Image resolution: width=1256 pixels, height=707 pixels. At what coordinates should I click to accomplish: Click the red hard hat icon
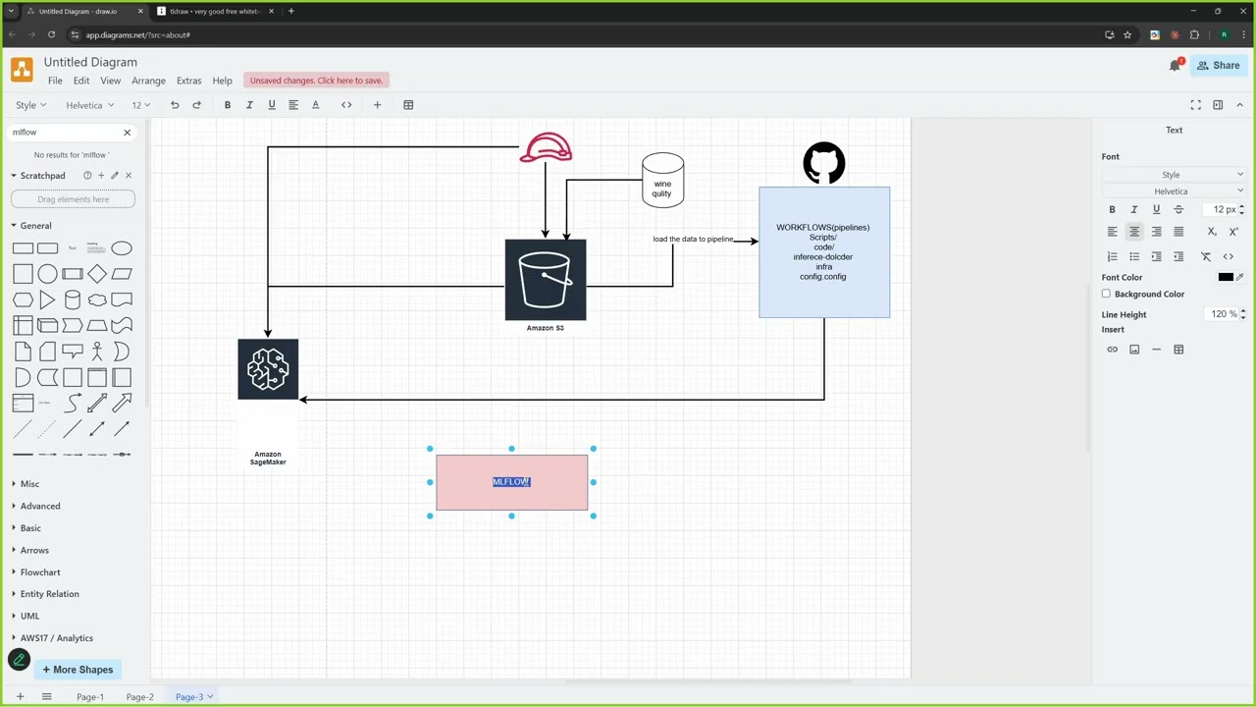pos(546,148)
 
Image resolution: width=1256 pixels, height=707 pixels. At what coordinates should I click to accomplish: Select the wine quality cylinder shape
pos(663,181)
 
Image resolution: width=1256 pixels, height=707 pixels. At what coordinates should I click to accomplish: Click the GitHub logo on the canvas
pos(823,163)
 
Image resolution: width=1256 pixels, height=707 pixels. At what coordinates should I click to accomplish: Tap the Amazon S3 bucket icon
pos(546,280)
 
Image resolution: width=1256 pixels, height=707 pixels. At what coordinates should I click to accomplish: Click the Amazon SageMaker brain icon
pos(268,369)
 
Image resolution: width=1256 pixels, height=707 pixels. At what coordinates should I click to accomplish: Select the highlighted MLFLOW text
pos(511,482)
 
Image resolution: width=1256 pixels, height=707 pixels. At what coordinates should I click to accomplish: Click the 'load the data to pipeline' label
pos(693,240)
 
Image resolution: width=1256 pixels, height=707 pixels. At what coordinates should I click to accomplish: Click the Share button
pos(1218,66)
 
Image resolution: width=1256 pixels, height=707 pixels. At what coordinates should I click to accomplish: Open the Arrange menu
pos(148,81)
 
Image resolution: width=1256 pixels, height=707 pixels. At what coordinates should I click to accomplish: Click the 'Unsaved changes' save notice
pos(316,81)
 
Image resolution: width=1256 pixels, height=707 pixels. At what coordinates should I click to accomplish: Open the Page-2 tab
pos(139,697)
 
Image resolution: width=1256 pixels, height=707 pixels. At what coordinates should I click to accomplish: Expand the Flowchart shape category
pos(40,572)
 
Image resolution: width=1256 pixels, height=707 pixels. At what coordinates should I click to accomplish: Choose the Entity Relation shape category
pos(49,594)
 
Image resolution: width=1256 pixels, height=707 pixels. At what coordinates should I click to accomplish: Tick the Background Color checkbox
pos(1107,295)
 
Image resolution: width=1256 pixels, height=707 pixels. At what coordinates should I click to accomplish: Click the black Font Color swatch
pos(1225,278)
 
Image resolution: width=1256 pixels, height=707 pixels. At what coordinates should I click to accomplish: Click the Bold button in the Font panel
pos(1112,210)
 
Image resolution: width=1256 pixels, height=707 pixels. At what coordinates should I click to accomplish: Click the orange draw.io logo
pos(22,70)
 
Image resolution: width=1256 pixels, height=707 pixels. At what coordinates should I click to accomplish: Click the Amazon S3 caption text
pos(545,328)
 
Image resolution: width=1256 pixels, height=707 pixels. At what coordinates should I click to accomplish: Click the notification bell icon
pos(1175,66)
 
